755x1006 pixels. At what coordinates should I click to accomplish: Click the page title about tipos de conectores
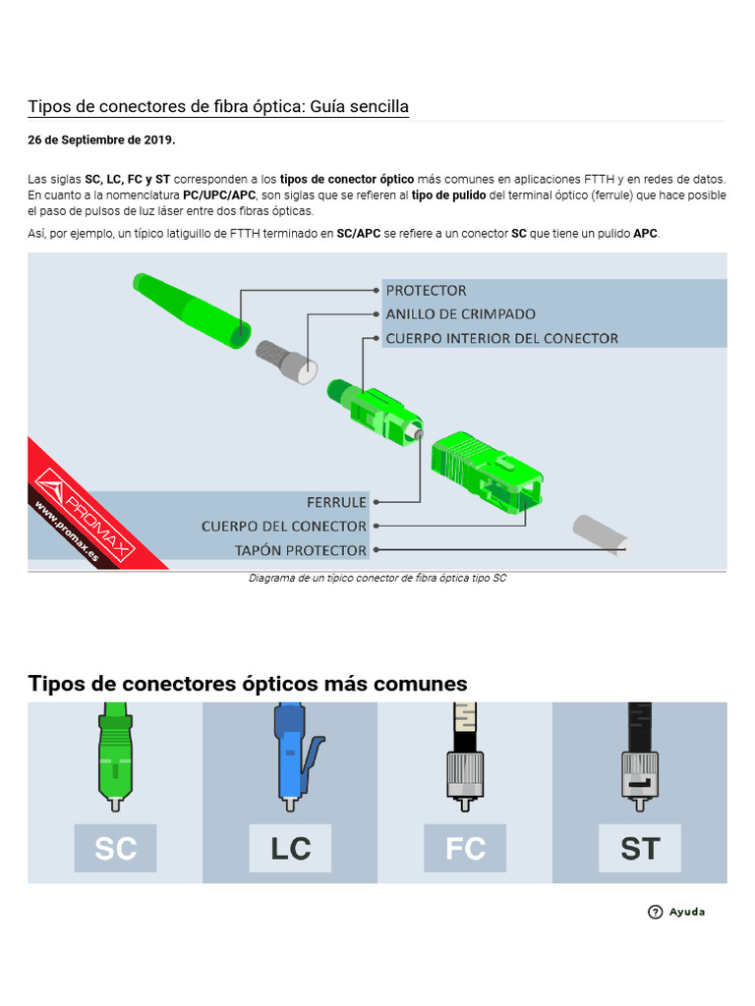(218, 106)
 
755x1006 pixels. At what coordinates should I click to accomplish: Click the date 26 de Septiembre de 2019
(101, 140)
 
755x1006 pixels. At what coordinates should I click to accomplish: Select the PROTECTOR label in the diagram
(426, 291)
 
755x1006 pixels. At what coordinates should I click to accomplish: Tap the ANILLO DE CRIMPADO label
(460, 314)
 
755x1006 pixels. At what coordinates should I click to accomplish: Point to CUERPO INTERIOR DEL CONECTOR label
(501, 338)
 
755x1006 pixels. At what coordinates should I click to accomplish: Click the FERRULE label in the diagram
(336, 502)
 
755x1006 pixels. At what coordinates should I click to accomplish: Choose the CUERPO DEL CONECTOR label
(284, 527)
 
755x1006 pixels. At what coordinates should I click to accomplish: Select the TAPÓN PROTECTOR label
(301, 550)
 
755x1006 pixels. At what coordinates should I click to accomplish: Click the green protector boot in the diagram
(192, 308)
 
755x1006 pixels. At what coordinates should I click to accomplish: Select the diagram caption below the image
(377, 579)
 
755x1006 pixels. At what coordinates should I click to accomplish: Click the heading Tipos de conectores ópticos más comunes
(248, 684)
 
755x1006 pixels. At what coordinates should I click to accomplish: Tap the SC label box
(115, 848)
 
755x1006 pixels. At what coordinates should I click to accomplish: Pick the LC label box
(290, 848)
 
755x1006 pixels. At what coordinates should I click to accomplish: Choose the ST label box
(640, 848)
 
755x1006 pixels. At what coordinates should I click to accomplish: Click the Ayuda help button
(676, 912)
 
